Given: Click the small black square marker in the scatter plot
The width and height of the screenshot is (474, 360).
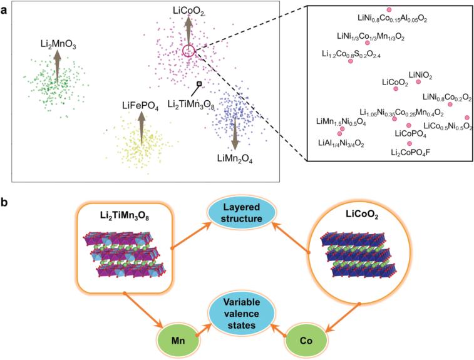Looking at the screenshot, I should point(199,83).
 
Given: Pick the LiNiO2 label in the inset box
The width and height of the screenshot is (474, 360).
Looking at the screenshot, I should point(420,75).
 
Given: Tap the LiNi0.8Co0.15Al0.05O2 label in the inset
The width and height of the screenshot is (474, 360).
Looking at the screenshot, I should point(389,19).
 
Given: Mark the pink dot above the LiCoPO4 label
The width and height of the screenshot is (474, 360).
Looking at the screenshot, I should point(409,125).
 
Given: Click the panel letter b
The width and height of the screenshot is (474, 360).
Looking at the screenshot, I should point(5,203).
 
